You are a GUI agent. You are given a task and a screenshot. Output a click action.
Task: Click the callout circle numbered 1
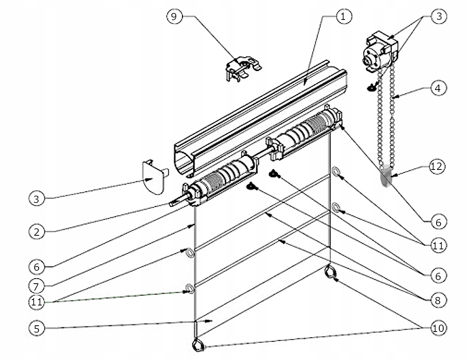[343, 17]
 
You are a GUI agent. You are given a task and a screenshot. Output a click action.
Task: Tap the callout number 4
[439, 88]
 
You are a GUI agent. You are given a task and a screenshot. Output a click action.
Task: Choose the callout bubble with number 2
[37, 232]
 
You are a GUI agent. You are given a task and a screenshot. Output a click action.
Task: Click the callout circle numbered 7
[36, 286]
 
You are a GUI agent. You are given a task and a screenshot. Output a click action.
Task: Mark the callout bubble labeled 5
[37, 328]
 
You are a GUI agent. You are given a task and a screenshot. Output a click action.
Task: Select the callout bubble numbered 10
[439, 328]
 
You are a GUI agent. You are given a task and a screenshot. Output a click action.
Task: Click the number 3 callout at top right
[439, 17]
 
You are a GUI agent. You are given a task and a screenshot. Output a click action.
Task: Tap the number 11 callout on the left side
[36, 302]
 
